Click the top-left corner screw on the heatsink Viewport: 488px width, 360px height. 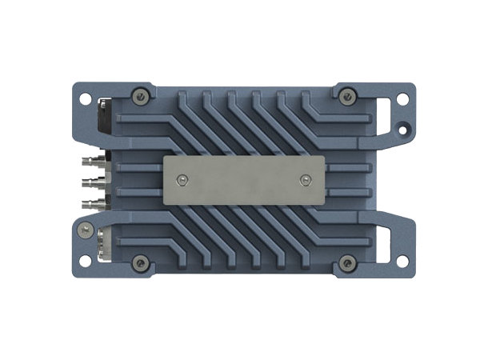141,96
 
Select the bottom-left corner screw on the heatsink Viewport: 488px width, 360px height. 141,262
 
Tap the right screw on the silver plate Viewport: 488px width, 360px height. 304,180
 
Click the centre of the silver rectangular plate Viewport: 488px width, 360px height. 244,181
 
